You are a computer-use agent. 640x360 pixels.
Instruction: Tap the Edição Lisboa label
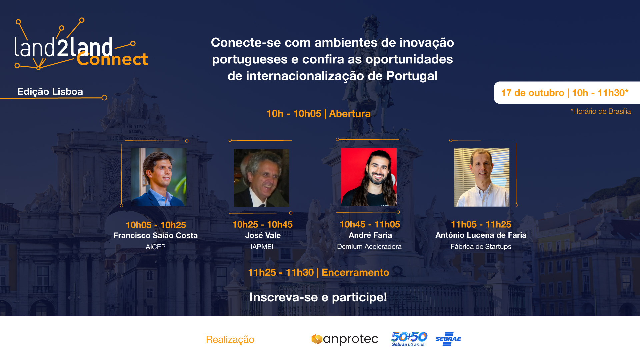tap(50, 92)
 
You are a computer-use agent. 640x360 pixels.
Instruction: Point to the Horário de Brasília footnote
tap(600, 111)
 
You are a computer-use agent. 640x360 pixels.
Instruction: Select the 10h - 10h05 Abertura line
tap(318, 114)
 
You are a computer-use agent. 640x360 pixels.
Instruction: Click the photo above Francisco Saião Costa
tap(159, 177)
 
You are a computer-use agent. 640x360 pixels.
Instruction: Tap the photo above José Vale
tap(261, 178)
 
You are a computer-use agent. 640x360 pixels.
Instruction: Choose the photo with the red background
tap(369, 177)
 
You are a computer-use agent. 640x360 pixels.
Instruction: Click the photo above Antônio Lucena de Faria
tap(482, 177)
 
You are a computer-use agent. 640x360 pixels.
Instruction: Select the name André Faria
tap(370, 235)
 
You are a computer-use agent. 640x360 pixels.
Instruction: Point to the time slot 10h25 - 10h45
tap(262, 225)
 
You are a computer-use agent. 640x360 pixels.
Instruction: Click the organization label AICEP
tap(155, 247)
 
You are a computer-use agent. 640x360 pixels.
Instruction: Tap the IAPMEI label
tap(262, 247)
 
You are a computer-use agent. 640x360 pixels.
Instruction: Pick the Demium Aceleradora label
tap(369, 247)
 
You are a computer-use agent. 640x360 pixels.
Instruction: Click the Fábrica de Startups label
tap(481, 247)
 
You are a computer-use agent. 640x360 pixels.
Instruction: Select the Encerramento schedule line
tap(318, 273)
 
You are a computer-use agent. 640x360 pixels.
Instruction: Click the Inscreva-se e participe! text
tap(318, 297)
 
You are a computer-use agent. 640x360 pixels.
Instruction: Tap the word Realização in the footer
tap(230, 340)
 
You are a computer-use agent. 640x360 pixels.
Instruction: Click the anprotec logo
tap(345, 339)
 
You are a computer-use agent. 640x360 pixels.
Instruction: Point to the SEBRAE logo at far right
tap(448, 339)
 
